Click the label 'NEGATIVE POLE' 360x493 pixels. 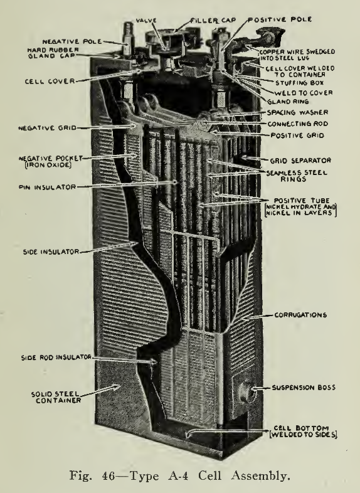(x=72, y=41)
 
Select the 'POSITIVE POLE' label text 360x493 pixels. (x=280, y=19)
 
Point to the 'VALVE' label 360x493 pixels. (x=146, y=21)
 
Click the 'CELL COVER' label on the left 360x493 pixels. (x=50, y=82)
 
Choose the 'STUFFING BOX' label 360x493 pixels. (x=300, y=83)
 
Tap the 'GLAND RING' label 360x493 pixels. (x=288, y=102)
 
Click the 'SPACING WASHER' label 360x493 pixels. (x=297, y=112)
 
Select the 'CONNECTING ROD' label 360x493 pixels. (x=298, y=124)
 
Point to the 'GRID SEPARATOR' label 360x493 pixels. (x=300, y=161)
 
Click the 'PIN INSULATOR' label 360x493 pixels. (x=47, y=188)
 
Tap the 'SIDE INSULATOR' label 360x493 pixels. (x=51, y=252)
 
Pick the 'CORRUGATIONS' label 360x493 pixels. (x=300, y=315)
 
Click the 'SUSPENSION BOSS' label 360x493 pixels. (x=304, y=388)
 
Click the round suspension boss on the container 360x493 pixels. (x=245, y=391)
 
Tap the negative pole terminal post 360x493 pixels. (x=128, y=41)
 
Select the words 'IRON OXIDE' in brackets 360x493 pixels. (x=48, y=165)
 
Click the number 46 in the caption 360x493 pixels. (x=109, y=475)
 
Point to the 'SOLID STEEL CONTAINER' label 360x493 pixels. (x=56, y=398)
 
